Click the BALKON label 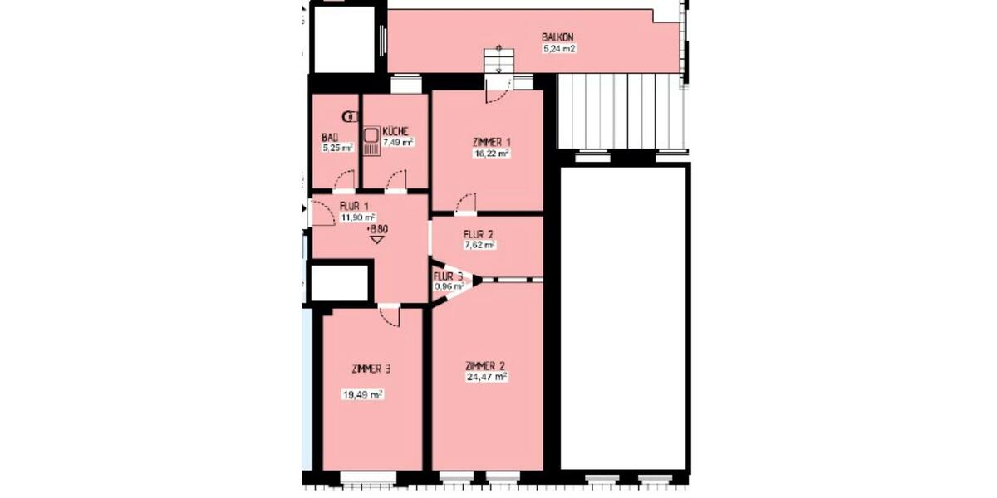pos(558,37)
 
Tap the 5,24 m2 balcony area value pos(559,49)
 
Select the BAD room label pos(330,138)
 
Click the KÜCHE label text pos(395,131)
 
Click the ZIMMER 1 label pos(485,142)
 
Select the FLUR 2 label pos(479,234)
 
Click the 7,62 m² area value pos(479,246)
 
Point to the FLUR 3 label pos(449,276)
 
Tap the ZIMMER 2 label pos(486,365)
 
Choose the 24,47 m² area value pos(487,377)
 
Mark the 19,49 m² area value pos(362,396)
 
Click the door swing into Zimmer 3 pos(388,315)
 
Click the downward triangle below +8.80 pos(377,240)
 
